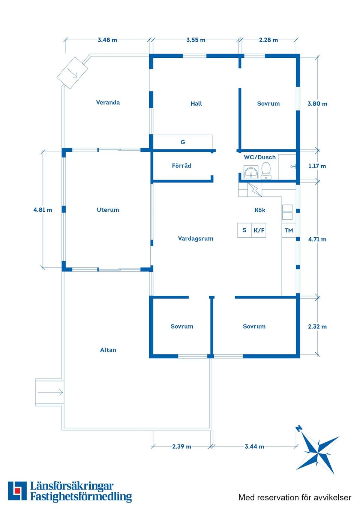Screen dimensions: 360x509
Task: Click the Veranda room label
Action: point(108,102)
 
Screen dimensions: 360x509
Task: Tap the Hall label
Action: point(196,103)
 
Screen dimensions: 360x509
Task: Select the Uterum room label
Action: point(108,210)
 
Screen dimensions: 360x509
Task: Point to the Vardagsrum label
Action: point(195,239)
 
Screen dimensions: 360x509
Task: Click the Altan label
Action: point(108,350)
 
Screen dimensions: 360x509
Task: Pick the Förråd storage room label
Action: point(181,165)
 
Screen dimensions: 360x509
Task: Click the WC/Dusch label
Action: point(259,157)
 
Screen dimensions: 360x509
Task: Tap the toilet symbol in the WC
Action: point(266,171)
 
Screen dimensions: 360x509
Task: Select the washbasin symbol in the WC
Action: point(251,172)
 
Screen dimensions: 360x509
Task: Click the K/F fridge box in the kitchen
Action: point(259,230)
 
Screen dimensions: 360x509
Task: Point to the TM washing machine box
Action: point(289,231)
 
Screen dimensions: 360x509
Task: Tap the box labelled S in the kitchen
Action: point(244,230)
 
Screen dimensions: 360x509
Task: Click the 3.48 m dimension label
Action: point(107,40)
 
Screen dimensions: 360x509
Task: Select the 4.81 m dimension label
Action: point(43,210)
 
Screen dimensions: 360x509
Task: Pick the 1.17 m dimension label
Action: point(317,166)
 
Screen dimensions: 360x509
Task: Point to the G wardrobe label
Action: point(183,142)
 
